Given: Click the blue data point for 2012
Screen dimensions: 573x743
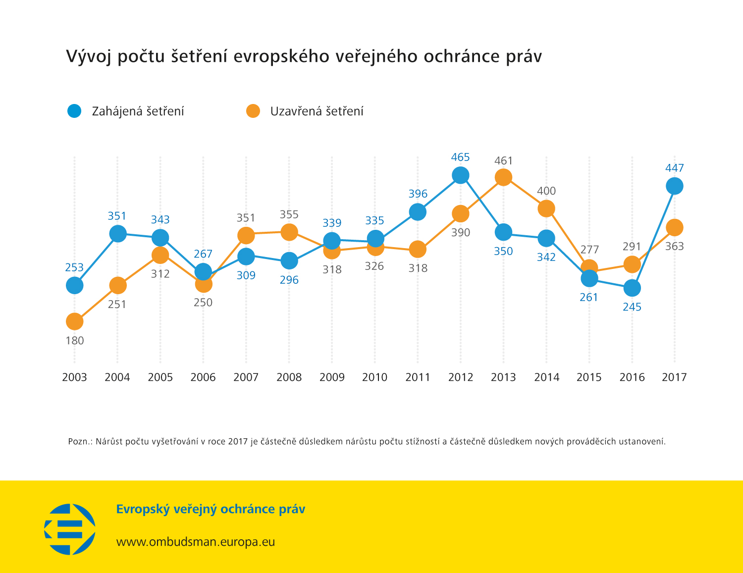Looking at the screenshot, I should (x=461, y=175).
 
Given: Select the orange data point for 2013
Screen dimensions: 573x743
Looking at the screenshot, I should (x=503, y=177).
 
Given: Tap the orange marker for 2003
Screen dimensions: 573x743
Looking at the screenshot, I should (x=74, y=321).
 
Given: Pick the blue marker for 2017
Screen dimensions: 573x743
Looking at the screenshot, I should (x=674, y=186).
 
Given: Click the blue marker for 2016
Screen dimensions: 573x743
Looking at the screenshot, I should (x=632, y=288).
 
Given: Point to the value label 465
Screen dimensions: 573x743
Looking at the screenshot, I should (x=460, y=157).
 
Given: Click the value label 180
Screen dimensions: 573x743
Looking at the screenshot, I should (x=74, y=341).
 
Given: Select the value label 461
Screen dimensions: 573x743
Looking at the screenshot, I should (x=503, y=161).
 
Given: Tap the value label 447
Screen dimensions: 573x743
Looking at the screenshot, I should (x=674, y=168).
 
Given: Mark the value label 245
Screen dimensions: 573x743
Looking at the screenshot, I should (x=632, y=307).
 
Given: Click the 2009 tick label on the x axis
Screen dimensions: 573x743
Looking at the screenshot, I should (x=332, y=377).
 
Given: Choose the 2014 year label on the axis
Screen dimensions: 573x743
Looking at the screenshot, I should (x=546, y=377).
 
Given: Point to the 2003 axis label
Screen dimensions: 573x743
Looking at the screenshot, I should (x=74, y=377).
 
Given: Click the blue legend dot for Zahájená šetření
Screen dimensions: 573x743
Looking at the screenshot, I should (x=74, y=111).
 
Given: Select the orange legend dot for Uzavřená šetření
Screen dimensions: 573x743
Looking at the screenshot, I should (x=253, y=111).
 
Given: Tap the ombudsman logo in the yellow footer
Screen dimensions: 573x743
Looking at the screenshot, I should (x=70, y=529).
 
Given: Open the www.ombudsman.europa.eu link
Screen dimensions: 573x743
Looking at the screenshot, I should (x=195, y=542).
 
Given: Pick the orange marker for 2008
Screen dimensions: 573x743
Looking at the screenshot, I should (x=289, y=232).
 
